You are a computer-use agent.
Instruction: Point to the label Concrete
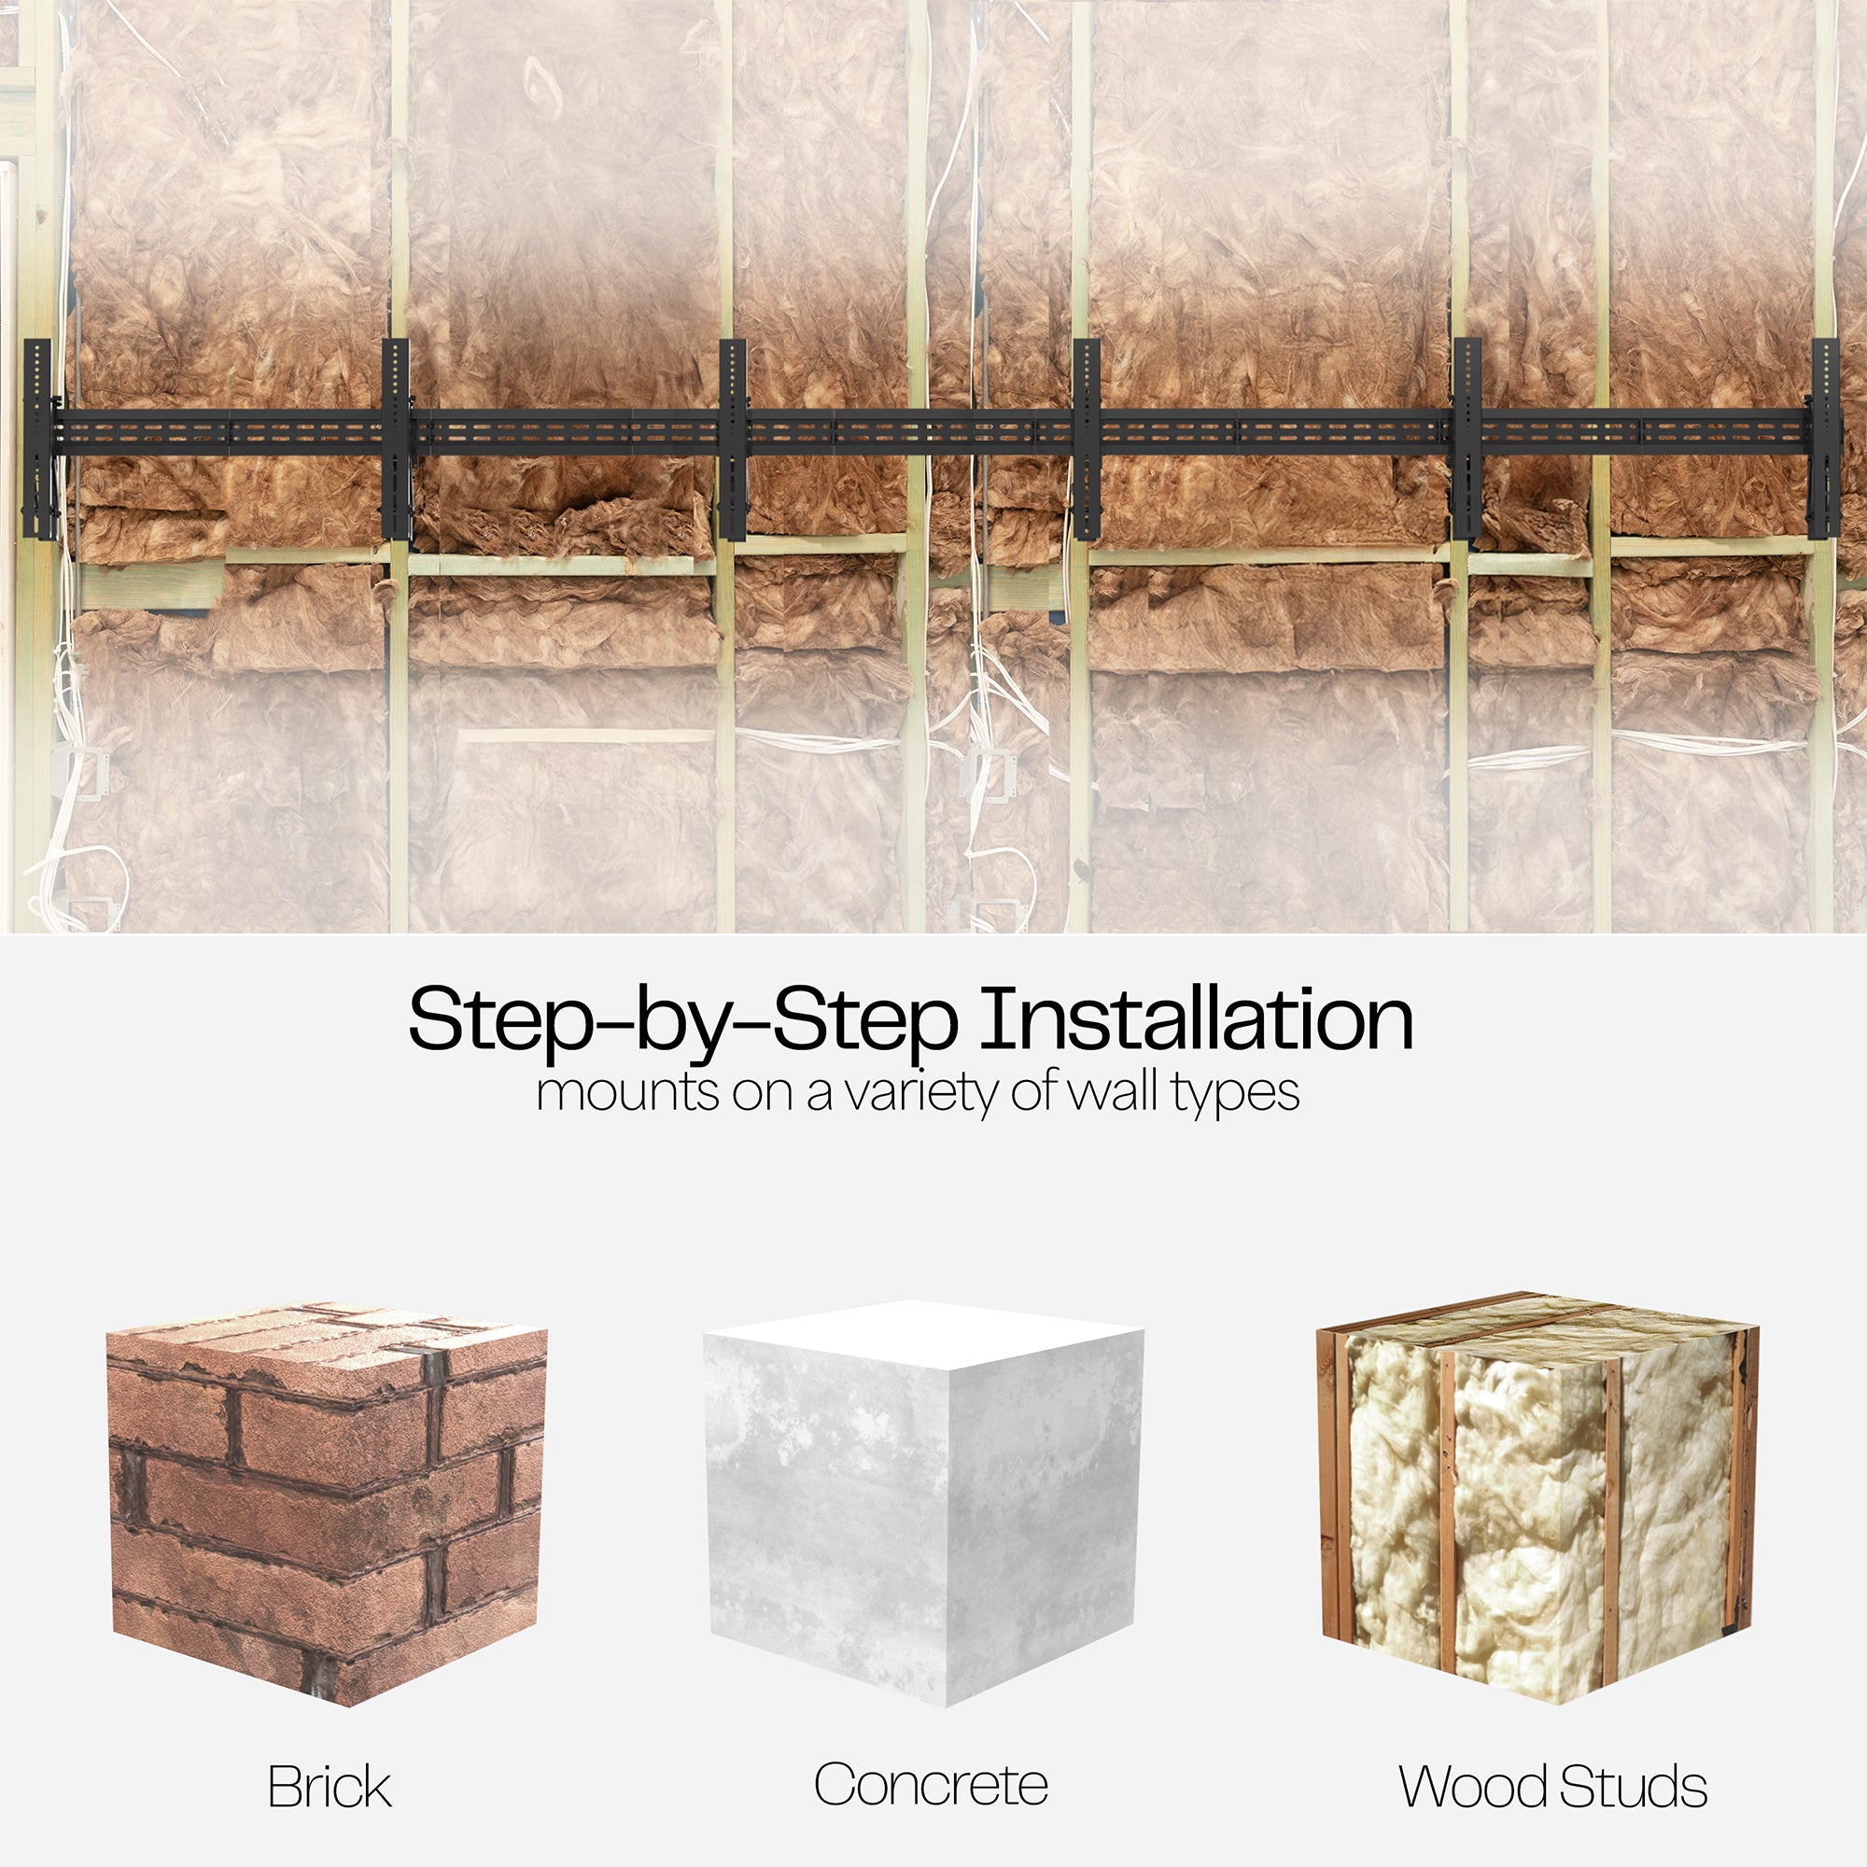click(x=931, y=1785)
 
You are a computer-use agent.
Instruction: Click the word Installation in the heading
click(x=1198, y=1019)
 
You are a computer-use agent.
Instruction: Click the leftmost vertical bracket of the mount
click(x=38, y=440)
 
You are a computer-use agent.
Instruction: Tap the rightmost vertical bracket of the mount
click(x=1824, y=440)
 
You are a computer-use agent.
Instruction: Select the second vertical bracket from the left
click(x=396, y=440)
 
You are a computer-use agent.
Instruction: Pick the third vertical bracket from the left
click(x=733, y=440)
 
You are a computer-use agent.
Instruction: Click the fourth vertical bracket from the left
click(x=1088, y=440)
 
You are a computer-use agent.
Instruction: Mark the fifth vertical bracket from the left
click(x=1467, y=440)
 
